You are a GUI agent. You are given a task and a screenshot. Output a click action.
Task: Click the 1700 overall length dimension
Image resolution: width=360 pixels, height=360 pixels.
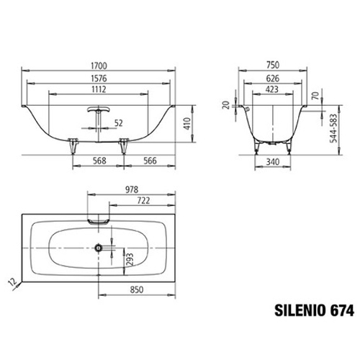point(99,66)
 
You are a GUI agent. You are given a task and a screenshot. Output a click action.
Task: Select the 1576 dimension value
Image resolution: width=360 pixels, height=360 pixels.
point(99,78)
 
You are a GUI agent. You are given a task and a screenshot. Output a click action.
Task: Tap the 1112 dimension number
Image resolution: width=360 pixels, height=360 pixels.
point(99,89)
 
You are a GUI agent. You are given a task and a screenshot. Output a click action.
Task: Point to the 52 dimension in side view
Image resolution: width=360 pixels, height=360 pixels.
point(119,123)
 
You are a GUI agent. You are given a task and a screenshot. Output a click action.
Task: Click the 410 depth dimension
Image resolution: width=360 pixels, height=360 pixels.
point(186,124)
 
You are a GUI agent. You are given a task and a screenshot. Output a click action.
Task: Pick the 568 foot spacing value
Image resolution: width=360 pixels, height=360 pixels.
point(99,161)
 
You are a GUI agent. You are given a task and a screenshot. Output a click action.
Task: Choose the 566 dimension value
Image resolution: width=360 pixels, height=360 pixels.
point(150,161)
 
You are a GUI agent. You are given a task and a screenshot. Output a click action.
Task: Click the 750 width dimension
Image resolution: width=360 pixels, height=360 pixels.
point(273,65)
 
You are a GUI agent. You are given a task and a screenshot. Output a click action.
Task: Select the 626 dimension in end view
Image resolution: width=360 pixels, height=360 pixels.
point(273,78)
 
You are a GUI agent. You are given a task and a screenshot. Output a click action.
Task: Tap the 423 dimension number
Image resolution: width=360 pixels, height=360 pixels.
point(272,89)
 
